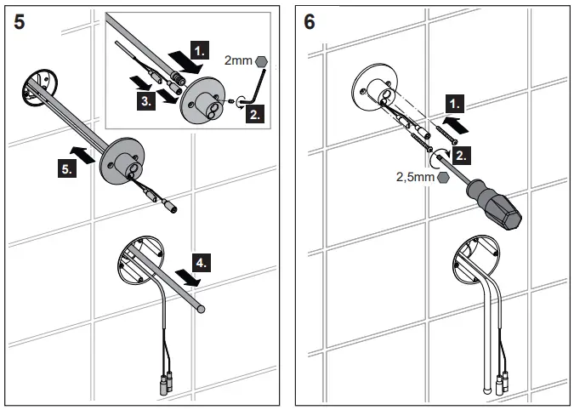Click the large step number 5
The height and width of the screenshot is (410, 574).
click(20, 22)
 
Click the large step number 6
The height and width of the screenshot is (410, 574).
click(310, 22)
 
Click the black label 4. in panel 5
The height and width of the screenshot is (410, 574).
click(200, 264)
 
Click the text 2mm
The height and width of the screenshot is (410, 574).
click(237, 60)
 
